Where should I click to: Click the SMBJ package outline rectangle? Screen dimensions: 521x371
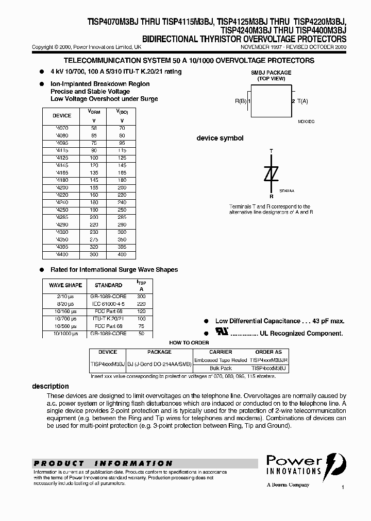tap(271, 101)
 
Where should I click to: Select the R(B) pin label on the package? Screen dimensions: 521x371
tap(241, 101)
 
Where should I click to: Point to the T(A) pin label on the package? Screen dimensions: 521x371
tap(301, 101)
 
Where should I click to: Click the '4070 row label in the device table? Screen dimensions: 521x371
tap(62, 128)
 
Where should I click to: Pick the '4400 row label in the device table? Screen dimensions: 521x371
tap(62, 255)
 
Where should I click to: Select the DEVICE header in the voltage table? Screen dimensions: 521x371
tap(62, 116)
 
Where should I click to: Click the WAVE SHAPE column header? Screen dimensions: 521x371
tap(65, 285)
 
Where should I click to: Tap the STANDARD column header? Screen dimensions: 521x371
tap(108, 285)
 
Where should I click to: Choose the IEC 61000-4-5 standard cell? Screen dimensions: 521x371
tap(108, 304)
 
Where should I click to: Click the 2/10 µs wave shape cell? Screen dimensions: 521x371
tap(65, 297)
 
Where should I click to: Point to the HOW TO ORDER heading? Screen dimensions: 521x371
tap(189, 343)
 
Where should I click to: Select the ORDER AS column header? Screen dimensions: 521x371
tap(268, 352)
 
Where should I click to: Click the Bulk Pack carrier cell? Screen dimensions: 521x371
tap(221, 369)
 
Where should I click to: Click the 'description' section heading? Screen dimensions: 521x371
tap(50, 386)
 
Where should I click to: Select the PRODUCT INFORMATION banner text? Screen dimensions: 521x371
tap(103, 463)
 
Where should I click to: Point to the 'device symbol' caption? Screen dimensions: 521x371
tap(220, 138)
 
